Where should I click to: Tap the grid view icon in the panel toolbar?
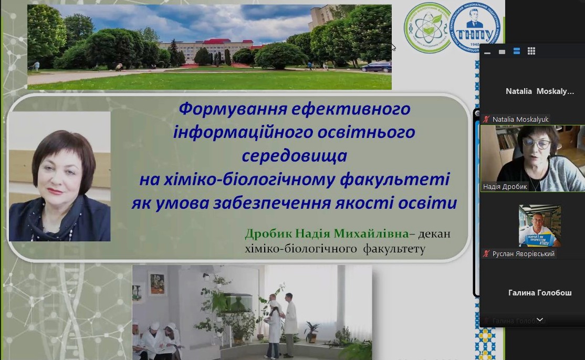coord(531,51)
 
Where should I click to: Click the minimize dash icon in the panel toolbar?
coord(487,52)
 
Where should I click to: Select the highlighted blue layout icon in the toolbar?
coord(517,51)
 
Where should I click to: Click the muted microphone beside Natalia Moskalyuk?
coord(486,120)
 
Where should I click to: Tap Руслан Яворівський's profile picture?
coord(539,226)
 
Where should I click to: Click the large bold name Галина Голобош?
coord(540,293)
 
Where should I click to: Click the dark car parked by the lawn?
coord(375,67)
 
